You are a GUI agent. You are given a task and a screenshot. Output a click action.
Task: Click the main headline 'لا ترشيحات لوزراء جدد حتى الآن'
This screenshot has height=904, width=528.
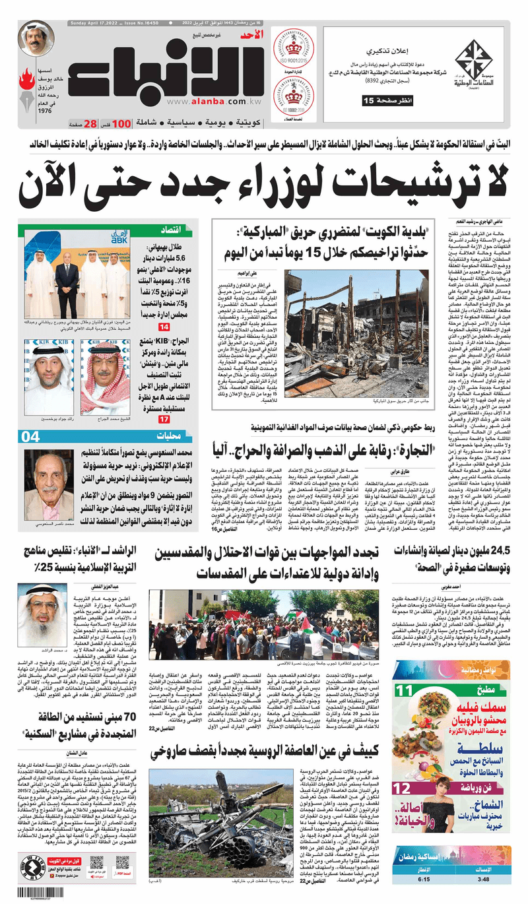click(264, 181)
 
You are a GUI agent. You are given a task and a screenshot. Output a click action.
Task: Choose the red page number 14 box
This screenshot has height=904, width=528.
click(163, 327)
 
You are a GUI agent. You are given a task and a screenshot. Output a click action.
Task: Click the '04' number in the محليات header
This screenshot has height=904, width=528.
click(32, 436)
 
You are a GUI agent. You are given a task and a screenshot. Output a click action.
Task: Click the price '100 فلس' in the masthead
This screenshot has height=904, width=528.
click(120, 123)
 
